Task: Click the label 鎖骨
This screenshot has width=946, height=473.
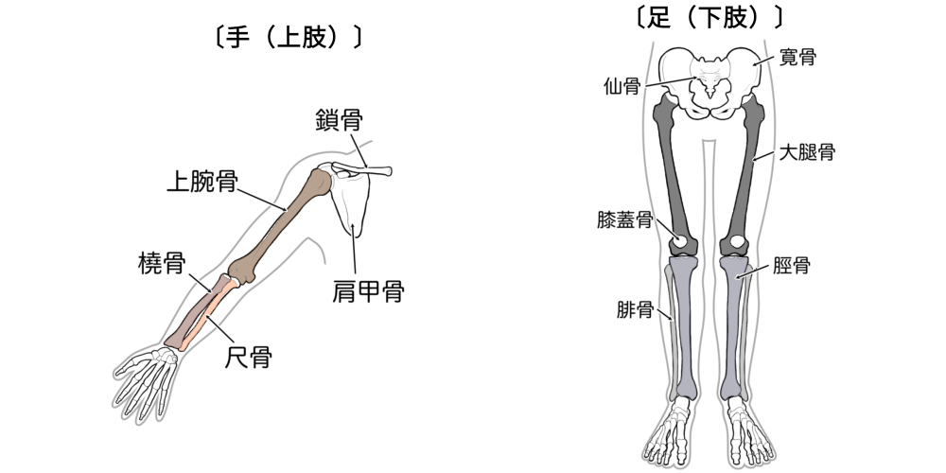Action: coord(338,121)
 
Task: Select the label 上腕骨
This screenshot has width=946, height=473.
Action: coord(201,179)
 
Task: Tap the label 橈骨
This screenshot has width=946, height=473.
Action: coord(161,262)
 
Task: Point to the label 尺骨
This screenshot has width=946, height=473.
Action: coord(248,358)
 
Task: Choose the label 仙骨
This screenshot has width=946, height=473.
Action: coord(622,86)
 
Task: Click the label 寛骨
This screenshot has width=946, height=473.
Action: coord(797,57)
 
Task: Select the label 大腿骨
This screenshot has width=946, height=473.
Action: coord(806,151)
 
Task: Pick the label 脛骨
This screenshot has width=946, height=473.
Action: coord(790,267)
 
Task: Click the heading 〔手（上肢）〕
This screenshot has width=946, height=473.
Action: coord(284,38)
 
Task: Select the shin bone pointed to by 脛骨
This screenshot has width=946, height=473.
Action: coord(735,322)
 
